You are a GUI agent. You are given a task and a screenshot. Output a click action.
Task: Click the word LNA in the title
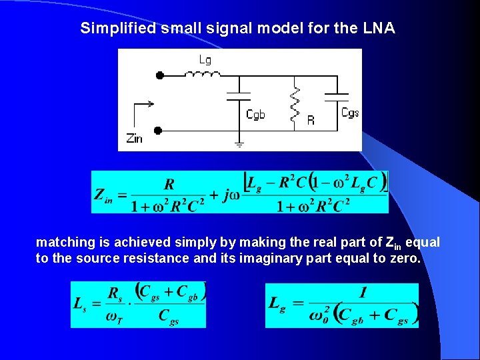tap(380, 29)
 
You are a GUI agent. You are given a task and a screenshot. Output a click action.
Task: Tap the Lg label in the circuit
tap(205, 60)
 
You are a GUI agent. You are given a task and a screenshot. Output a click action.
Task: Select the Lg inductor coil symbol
tap(205, 73)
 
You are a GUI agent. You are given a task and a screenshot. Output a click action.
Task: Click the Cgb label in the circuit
tap(255, 115)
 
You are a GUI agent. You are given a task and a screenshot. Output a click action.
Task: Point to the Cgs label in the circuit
tap(350, 113)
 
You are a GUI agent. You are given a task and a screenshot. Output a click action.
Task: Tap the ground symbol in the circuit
tap(239, 143)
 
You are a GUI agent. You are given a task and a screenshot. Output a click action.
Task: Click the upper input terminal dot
tap(159, 76)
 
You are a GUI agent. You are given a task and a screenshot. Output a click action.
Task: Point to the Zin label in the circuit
tap(134, 139)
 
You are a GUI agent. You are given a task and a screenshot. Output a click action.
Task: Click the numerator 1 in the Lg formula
tap(363, 292)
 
